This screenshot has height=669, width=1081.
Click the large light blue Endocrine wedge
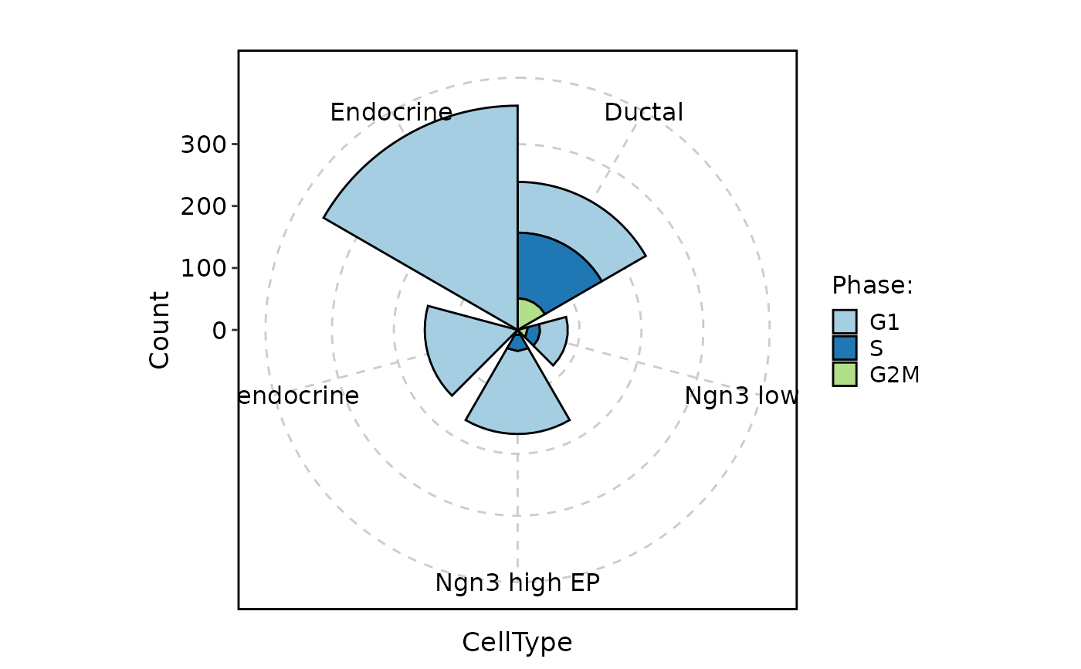tap(448, 201)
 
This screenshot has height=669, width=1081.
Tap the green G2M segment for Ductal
tap(527, 313)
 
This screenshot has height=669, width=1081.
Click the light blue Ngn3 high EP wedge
tap(517, 398)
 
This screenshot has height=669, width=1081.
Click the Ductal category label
tap(643, 113)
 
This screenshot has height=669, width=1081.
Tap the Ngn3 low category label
tap(740, 396)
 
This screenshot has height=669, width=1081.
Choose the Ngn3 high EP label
tap(517, 582)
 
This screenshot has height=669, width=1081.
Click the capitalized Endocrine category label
tap(391, 113)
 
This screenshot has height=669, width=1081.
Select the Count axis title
tap(160, 330)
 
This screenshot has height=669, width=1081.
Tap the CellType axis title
tap(517, 643)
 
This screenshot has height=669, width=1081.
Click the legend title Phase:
tap(873, 286)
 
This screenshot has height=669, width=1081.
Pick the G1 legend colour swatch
tap(845, 321)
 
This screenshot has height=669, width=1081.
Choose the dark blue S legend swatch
tap(845, 348)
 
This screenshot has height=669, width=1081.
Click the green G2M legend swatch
tap(845, 375)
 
